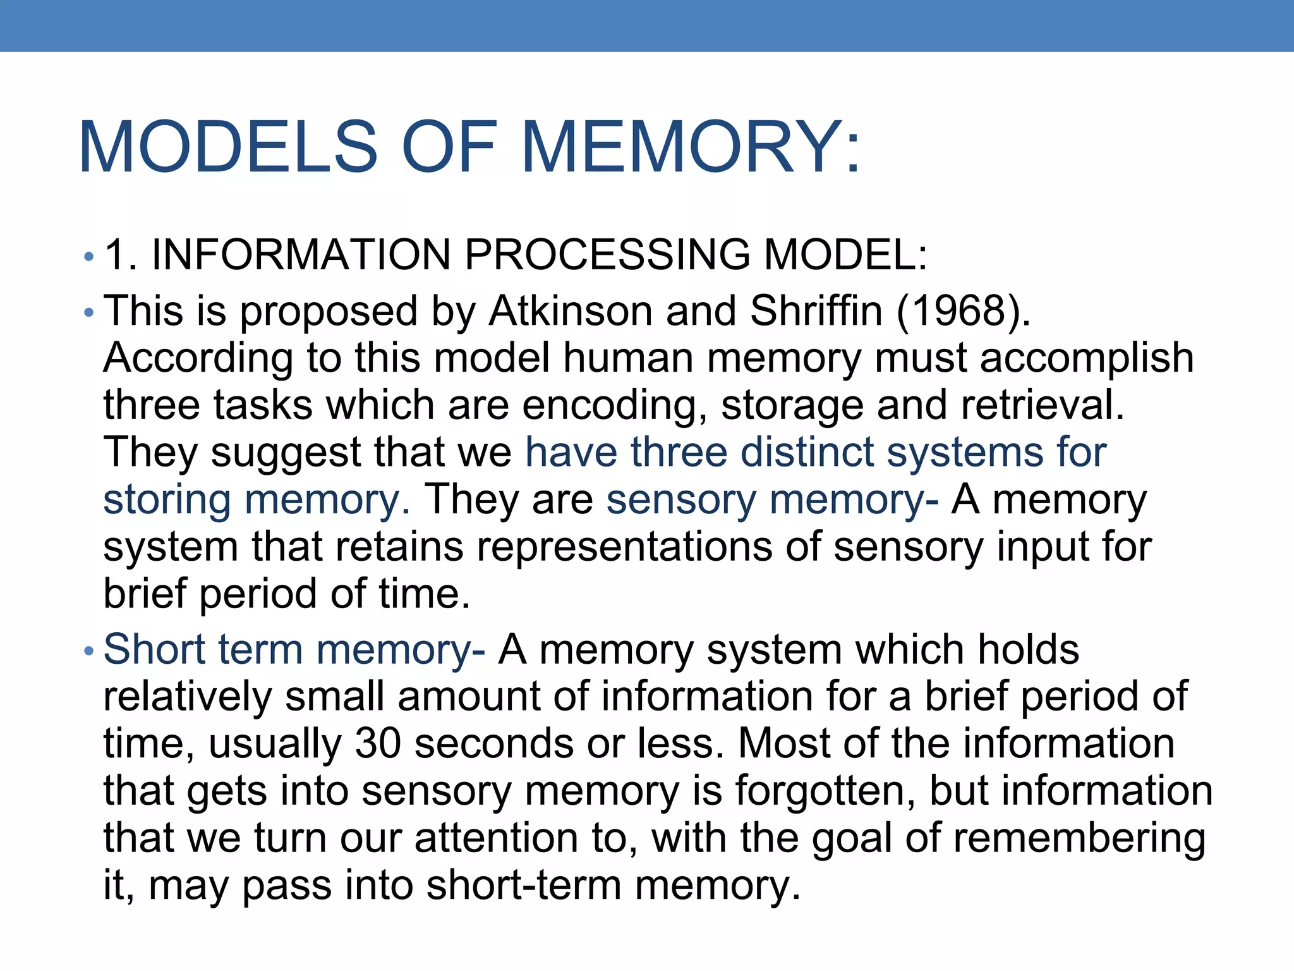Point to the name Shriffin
tap(816, 311)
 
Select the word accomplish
tap(1087, 358)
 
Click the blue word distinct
tap(806, 452)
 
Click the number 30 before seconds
tap(378, 743)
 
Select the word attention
tap(496, 838)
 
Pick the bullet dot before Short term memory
tap(88, 650)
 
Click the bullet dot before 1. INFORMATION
tap(88, 257)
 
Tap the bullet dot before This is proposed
tap(88, 312)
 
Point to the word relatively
tap(187, 696)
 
